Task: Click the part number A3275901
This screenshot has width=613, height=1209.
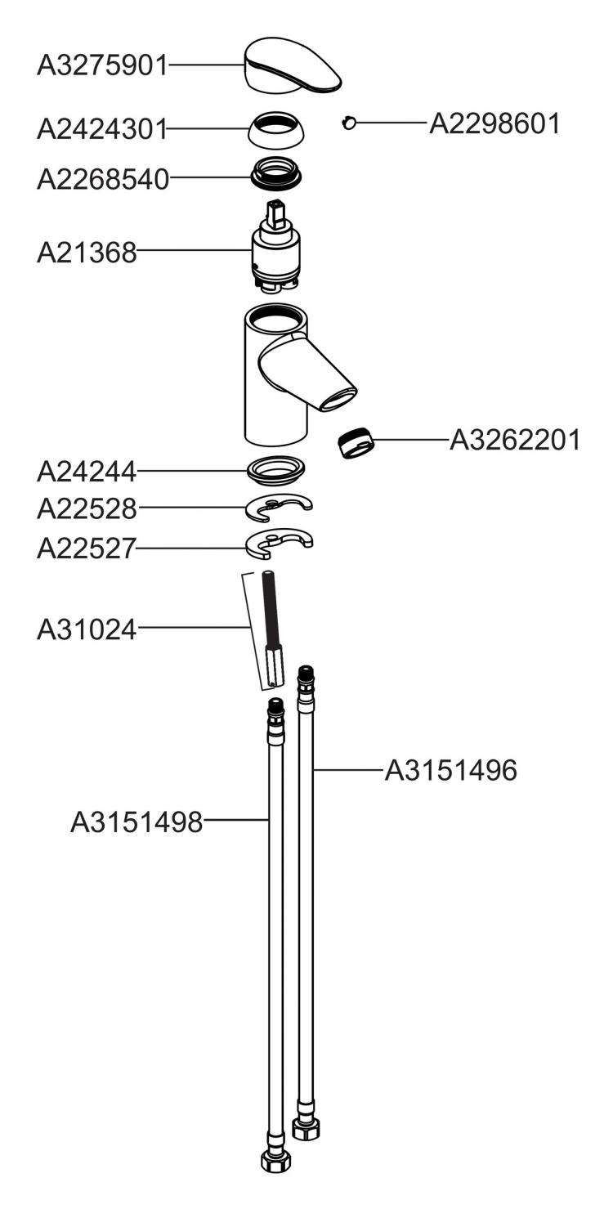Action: (x=102, y=66)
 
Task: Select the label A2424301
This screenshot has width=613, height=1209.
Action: (x=102, y=129)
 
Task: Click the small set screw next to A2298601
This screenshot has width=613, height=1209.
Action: (x=349, y=123)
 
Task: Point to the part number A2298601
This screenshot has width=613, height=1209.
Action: (x=494, y=123)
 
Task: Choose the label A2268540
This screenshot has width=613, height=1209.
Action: (x=103, y=179)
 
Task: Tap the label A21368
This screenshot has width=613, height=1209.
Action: (x=87, y=253)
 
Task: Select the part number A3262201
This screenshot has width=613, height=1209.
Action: (x=516, y=440)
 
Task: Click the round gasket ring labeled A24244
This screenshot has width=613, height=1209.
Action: (x=276, y=468)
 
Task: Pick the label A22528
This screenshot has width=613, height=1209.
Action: (x=87, y=508)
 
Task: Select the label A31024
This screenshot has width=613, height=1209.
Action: (x=87, y=629)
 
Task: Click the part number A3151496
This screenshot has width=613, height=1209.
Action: (x=451, y=770)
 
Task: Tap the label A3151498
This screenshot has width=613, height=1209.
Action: (x=136, y=822)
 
